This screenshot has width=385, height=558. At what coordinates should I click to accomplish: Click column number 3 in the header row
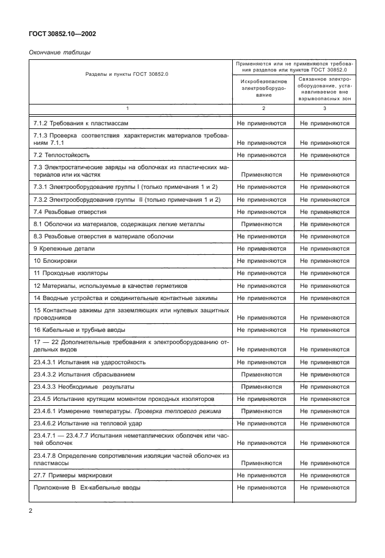pyautogui.click(x=324, y=108)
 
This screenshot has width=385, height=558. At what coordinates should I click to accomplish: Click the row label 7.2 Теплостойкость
pyautogui.click(x=62, y=155)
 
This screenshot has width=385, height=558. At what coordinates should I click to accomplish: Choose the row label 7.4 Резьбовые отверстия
pyautogui.click(x=70, y=211)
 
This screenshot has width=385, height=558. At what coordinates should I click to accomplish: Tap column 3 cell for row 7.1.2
pyautogui.click(x=324, y=123)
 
